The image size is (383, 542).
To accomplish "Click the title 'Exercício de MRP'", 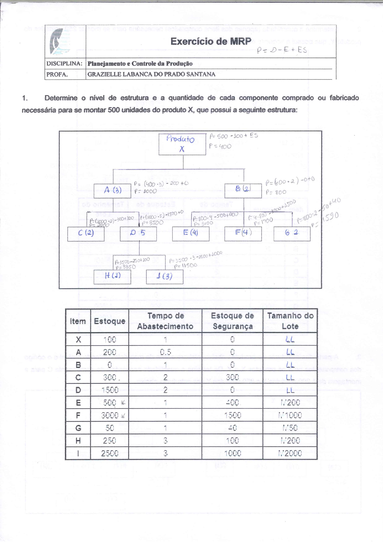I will [x=211, y=42].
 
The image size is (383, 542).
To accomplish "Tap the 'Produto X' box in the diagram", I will [x=182, y=144].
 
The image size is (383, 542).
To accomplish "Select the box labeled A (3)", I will [x=112, y=190].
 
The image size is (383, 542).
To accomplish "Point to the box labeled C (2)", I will [x=86, y=233].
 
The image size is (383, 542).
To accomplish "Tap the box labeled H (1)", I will [x=112, y=276].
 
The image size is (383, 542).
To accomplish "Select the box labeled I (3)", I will [x=164, y=276].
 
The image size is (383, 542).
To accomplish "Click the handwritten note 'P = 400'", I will [x=220, y=146].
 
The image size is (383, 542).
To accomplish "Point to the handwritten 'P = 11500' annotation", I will [x=186, y=266].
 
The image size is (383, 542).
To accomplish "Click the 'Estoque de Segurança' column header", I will [x=232, y=321].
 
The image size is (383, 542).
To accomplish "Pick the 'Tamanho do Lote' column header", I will [x=290, y=321].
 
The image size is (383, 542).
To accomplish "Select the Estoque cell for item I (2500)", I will [x=110, y=453].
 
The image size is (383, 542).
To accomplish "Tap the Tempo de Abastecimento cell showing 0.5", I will [x=165, y=352].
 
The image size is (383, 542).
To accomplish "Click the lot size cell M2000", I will [x=290, y=453].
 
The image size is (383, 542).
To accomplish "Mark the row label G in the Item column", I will [x=78, y=428].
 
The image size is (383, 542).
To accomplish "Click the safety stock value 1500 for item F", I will [x=232, y=415].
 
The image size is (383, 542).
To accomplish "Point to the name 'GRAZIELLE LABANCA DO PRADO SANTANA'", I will [x=151, y=74].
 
